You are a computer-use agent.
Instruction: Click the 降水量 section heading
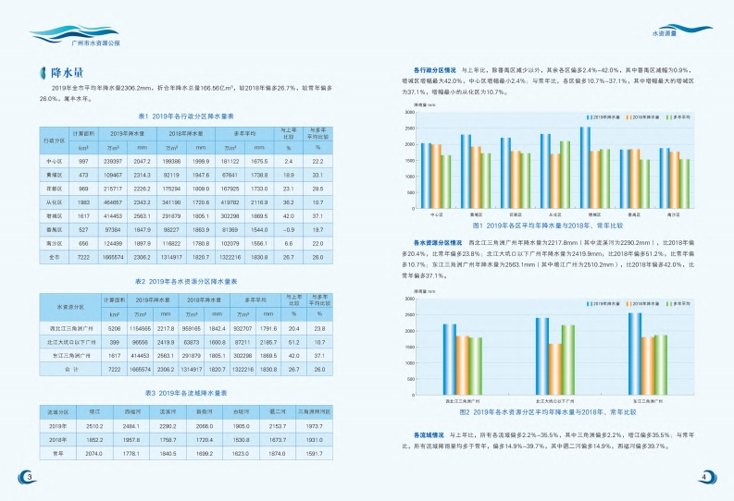point(68,71)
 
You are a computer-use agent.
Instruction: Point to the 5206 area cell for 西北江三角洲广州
point(115,328)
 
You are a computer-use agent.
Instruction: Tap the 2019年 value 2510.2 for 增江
point(93,426)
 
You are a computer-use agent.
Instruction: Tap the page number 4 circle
point(703,476)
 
